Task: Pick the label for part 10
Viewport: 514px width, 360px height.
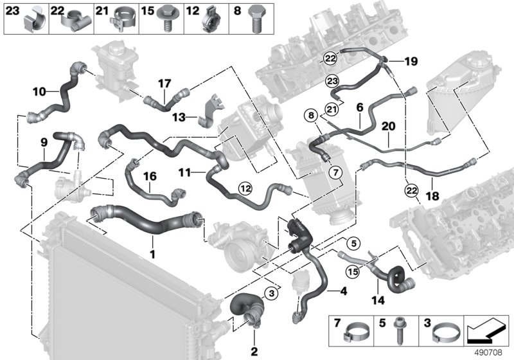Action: coord(39,92)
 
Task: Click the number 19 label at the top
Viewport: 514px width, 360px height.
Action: coord(411,62)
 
